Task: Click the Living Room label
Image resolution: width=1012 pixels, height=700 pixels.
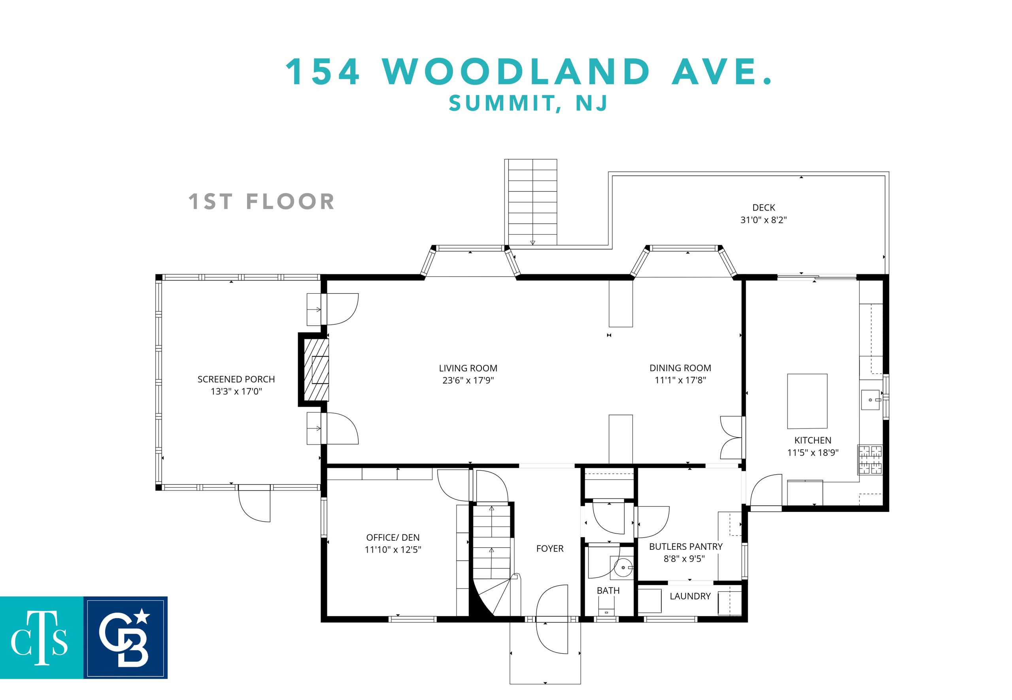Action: [468, 368]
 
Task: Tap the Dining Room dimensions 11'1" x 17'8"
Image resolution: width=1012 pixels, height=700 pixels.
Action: [680, 380]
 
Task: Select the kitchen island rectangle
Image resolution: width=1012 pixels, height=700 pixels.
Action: [807, 401]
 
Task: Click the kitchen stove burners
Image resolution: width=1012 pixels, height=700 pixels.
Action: [870, 460]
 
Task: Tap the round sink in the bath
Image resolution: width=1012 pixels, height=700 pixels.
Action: [623, 568]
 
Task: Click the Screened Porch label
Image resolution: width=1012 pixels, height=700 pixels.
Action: [236, 379]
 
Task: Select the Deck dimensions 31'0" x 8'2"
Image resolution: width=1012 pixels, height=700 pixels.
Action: [764, 220]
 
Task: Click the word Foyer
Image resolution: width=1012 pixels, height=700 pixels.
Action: [549, 548]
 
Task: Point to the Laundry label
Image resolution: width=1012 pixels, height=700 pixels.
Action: [690, 596]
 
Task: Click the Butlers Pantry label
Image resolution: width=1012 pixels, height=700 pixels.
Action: [685, 547]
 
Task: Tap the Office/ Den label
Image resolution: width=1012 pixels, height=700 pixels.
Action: [393, 537]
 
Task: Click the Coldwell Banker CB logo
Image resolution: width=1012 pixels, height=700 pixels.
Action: [125, 638]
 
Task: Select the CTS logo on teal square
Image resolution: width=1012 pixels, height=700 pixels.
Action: [42, 638]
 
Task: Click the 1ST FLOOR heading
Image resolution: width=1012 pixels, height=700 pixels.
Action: [261, 202]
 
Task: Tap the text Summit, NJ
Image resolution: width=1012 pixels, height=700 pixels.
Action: [528, 103]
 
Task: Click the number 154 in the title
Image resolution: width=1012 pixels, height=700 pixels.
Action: [323, 72]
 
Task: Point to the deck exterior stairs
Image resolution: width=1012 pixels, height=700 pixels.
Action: [532, 202]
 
